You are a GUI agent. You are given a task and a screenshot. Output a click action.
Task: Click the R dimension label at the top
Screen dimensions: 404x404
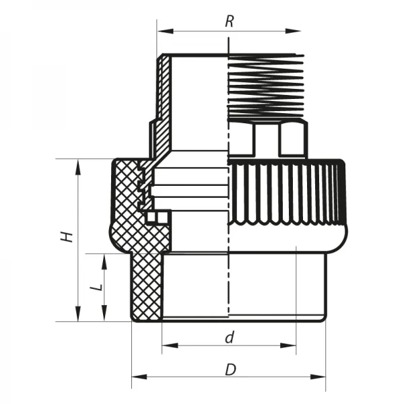click(229, 20)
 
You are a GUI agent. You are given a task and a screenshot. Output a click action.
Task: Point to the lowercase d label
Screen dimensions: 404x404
click(229, 337)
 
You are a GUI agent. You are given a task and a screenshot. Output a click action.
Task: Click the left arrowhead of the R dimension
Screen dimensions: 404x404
click(162, 31)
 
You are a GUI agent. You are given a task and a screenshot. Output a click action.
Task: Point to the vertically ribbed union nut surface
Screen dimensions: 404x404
click(283, 195)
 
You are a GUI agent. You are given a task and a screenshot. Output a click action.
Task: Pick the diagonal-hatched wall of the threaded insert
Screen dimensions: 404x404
click(162, 101)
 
